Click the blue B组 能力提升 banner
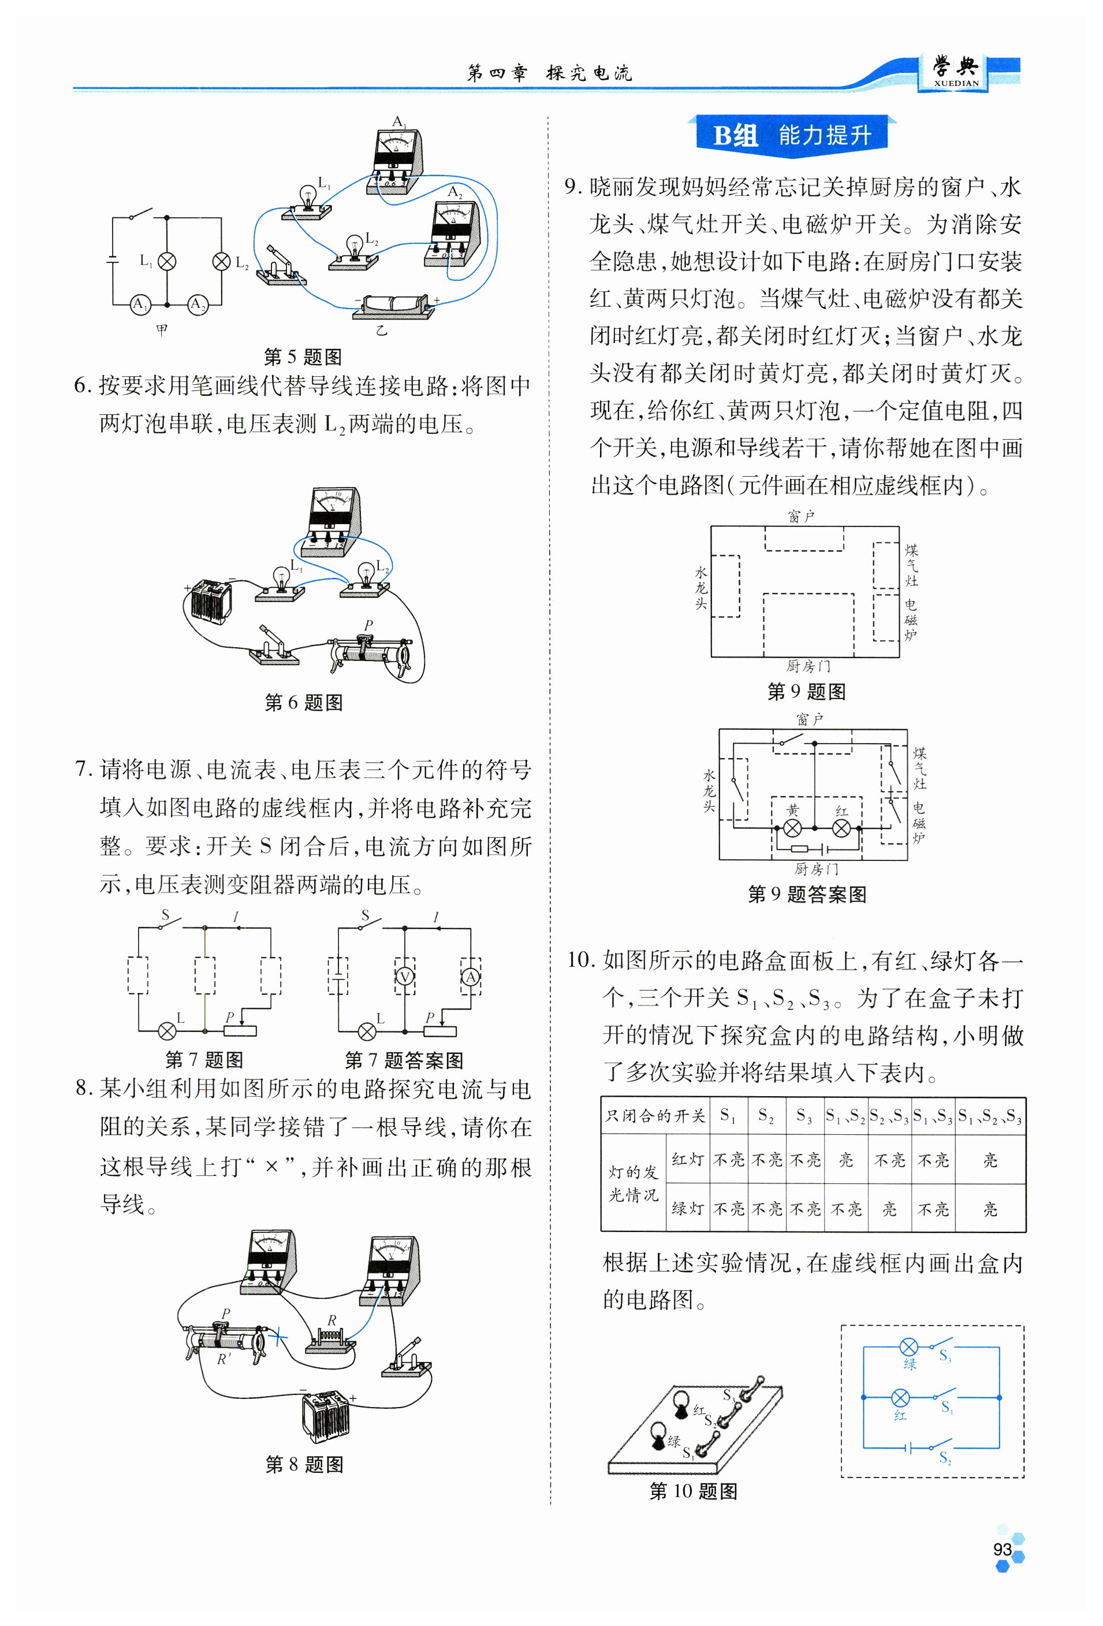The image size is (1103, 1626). pos(791,134)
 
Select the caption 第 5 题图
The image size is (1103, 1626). pos(303,357)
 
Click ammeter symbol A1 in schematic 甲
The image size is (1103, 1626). pos(140,305)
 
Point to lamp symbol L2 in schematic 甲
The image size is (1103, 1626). pos(221,262)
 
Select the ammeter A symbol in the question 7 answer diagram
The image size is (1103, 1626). pos(471,977)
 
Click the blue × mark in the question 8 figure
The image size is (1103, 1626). pos(278,1337)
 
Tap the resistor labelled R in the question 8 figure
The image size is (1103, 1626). pos(331,1338)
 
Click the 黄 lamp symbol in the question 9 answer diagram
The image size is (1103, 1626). pos(792,829)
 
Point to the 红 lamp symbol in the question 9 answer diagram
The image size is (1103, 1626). pos(841,829)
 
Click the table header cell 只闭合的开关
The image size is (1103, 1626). pos(655,1115)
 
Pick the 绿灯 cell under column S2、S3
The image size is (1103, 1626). pos(889,1208)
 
